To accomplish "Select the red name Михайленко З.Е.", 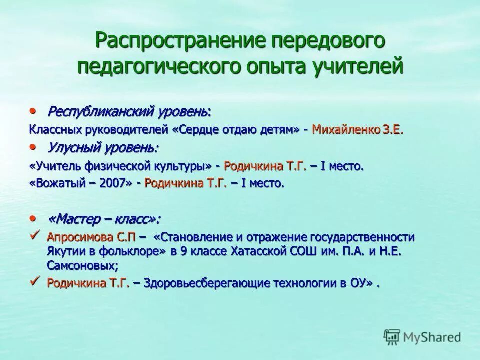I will coord(357,130).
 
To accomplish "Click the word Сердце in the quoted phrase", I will coord(197,130).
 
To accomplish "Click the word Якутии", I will coord(65,251).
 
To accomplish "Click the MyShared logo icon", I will coord(392,336).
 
